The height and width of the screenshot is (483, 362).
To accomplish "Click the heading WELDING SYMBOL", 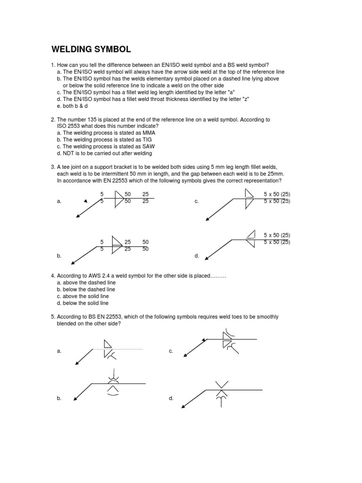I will [x=91, y=49].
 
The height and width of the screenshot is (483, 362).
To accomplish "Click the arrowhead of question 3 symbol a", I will [x=77, y=217].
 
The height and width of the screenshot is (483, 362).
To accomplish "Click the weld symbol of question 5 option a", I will [x=108, y=350].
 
